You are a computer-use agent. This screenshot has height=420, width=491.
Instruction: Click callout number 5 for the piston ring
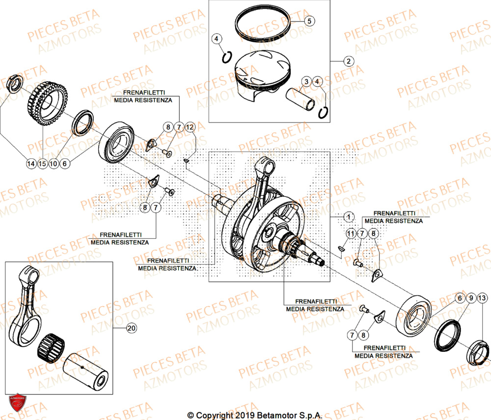309,21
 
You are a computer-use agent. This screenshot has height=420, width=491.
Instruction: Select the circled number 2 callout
348,61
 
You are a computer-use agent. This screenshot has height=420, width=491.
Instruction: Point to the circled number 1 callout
348,216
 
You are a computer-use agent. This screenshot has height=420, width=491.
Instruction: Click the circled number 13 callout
482,298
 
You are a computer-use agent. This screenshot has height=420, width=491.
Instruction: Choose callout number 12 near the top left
190,127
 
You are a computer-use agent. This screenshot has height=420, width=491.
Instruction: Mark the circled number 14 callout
31,164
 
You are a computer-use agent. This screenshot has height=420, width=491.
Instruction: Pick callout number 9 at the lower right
470,298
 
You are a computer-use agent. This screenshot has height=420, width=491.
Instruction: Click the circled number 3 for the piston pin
306,81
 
